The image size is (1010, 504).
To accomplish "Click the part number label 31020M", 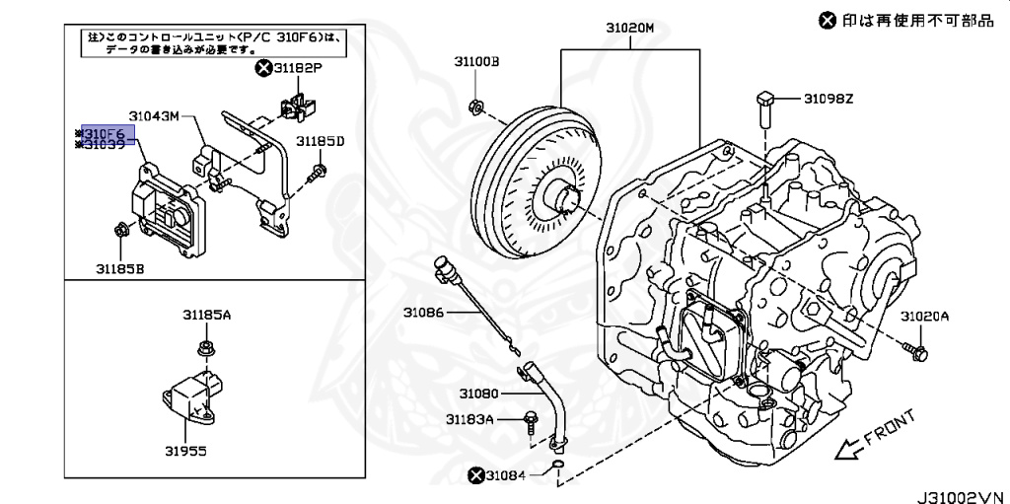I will [x=629, y=29].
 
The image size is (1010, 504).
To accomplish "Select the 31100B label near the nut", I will [x=476, y=61].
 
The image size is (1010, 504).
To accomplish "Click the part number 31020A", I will [x=924, y=317].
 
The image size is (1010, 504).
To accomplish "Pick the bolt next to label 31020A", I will [x=914, y=348].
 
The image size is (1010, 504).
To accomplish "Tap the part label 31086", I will [x=424, y=314].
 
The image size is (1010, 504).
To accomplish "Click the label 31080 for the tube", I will [x=478, y=394].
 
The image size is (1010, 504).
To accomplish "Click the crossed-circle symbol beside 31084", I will [x=476, y=476].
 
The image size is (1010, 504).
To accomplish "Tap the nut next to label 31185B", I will [x=120, y=232].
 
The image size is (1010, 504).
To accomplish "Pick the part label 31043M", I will [x=154, y=115].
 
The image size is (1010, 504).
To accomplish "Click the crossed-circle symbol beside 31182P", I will [x=262, y=68].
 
